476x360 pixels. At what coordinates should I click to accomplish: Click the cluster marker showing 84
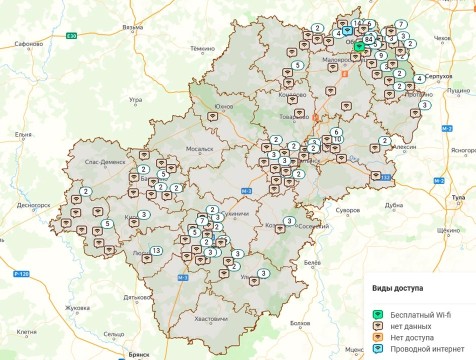coord(369,38)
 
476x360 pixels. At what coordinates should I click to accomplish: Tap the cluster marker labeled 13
coord(155,249)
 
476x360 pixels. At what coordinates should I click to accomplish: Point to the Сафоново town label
coord(29,45)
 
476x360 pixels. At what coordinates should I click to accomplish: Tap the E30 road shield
coord(71,35)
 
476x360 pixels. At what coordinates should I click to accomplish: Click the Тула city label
coord(462,198)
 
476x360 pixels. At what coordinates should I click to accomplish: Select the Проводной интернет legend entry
coord(415,351)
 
